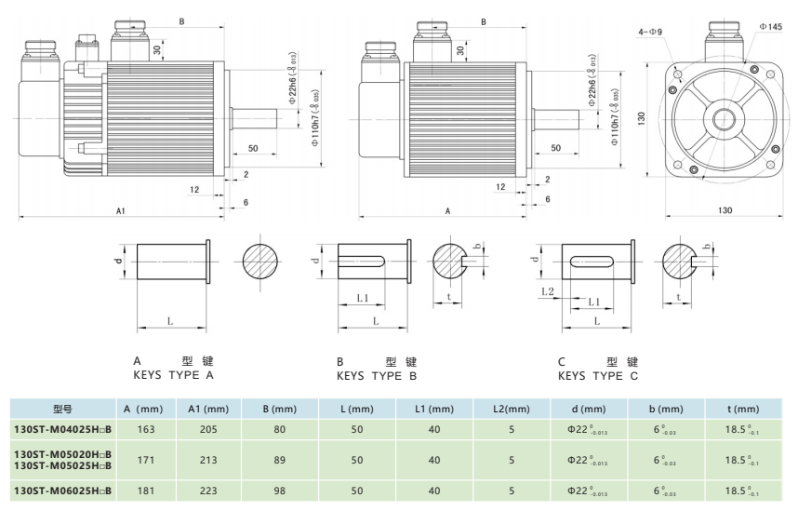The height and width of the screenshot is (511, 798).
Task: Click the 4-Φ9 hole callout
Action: [x=650, y=33]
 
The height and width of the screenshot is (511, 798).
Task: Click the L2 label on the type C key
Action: [x=547, y=291]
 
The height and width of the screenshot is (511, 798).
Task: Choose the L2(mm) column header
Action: [x=512, y=409]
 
